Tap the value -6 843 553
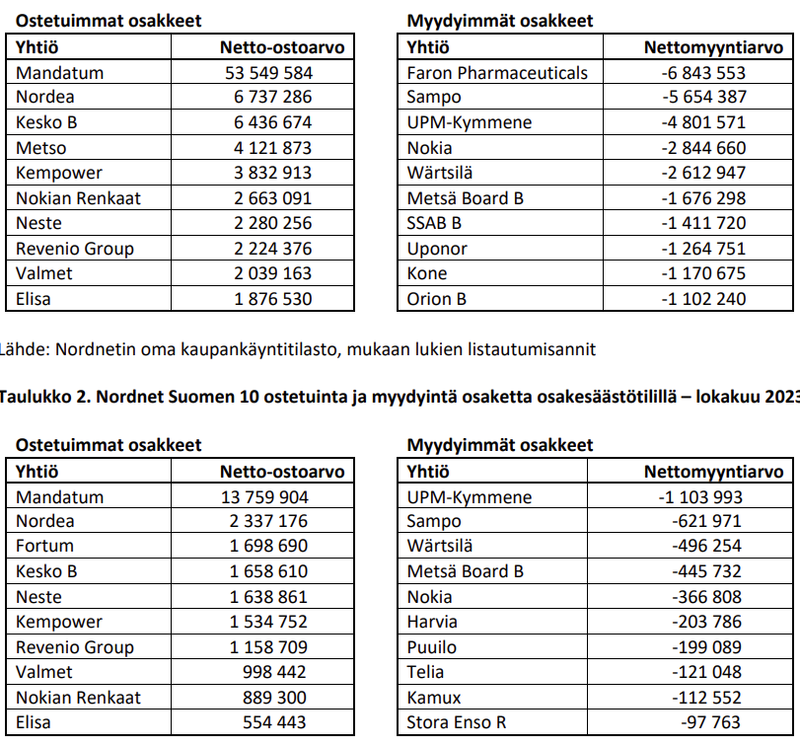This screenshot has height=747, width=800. [703, 72]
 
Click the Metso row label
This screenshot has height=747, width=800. [41, 147]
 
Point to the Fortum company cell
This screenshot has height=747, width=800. [44, 546]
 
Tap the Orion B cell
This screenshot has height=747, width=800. [436, 298]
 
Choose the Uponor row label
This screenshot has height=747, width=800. [436, 248]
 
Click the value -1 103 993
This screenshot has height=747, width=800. [700, 496]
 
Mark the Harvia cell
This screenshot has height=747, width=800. [431, 622]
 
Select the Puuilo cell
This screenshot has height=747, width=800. [431, 647]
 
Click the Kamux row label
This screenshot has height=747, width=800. [433, 697]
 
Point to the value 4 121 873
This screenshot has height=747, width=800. [272, 147]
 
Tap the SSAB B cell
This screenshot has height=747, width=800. [434, 223]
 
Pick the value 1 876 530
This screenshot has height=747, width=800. [272, 298]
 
